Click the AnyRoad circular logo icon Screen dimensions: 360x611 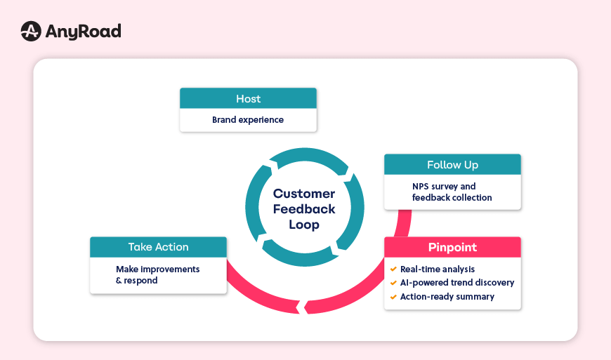coord(30,32)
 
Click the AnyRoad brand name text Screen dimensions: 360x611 coord(83,32)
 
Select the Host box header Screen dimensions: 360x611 coord(248,99)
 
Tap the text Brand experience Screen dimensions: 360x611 coord(248,120)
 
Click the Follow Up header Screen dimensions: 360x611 coord(452,165)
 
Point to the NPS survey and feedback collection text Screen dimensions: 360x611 coord(452,192)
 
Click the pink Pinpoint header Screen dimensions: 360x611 coord(452,247)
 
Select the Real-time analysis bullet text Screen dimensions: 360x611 coord(438,269)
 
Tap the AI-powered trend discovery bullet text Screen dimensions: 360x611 coord(457,283)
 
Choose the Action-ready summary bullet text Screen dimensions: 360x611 coord(447,297)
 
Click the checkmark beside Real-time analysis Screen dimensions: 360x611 coord(393,269)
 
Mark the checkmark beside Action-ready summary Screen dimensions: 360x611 coord(393,297)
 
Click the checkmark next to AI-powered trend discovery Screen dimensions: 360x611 coord(393,283)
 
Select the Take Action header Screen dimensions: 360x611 coord(158,247)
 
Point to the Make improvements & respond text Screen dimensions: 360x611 coord(157,274)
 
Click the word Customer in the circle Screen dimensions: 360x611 coord(304,194)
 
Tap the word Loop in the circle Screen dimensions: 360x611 coord(304,225)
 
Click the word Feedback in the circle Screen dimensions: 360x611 coord(304,209)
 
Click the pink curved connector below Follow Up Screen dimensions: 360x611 coord(403,223)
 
